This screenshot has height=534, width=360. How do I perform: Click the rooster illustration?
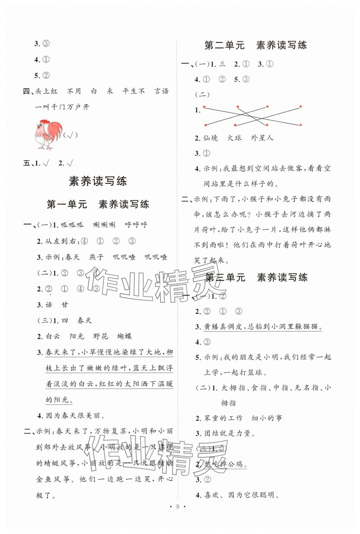point(48,134)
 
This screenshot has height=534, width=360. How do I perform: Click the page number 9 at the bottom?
point(178,514)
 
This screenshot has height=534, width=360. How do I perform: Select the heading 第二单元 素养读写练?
point(255,45)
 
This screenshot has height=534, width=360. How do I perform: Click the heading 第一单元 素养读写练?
point(98,204)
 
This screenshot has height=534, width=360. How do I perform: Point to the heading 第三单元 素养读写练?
point(256,277)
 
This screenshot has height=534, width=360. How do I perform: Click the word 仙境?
point(211,138)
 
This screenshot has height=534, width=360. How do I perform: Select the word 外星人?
point(262,138)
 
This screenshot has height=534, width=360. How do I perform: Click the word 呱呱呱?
point(72,225)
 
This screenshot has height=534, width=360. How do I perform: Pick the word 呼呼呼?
point(136,225)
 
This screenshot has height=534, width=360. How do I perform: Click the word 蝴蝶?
point(124,336)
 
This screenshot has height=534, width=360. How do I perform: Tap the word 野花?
point(101,336)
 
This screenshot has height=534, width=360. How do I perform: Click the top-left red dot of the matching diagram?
point(204,107)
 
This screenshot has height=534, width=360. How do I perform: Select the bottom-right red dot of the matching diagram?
point(300,125)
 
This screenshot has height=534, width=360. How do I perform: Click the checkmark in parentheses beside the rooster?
point(70,135)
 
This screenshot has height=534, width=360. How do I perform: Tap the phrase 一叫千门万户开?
point(62,107)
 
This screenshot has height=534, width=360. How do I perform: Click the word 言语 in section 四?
point(161,91)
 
